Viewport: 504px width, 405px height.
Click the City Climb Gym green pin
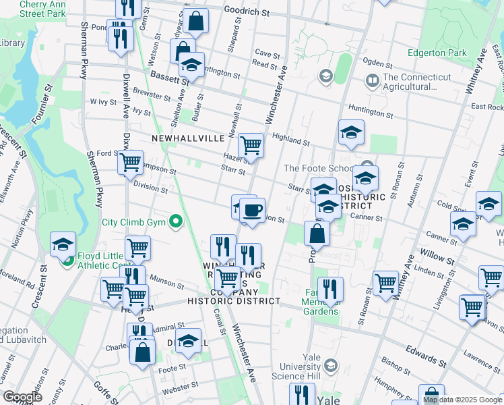[x=176, y=221]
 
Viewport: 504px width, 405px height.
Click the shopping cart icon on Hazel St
[x=251, y=144]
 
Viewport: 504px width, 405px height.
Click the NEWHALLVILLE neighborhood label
[x=188, y=138]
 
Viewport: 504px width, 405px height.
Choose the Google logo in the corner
[x=22, y=396]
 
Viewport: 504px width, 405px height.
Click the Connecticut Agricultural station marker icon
[x=372, y=81]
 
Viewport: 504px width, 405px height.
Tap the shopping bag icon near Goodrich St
[x=196, y=22]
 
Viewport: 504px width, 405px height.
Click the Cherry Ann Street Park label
[x=42, y=9]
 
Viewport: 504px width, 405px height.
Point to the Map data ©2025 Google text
[x=462, y=400]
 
